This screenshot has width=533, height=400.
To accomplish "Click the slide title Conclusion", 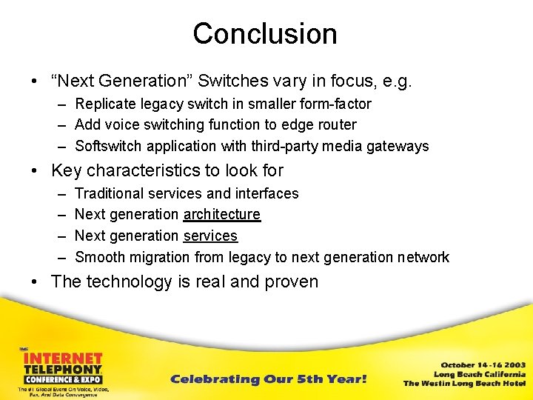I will point(265,33).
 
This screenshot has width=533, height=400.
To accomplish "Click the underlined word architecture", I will point(221,214).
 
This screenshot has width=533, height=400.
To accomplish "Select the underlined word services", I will point(210,236).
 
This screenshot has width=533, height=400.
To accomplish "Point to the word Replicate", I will point(107,104).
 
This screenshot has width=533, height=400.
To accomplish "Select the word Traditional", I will point(111,193).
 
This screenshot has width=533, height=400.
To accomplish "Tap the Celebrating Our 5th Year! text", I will point(268,379).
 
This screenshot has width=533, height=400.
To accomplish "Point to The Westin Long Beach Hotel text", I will point(464,383).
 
